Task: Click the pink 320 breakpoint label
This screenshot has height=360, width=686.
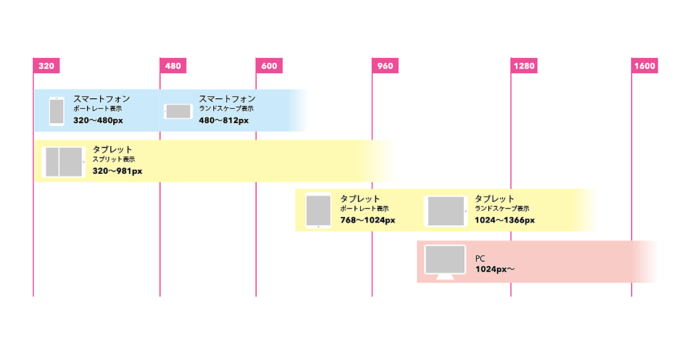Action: pyautogui.click(x=46, y=66)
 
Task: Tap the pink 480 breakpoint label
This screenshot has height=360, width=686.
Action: pyautogui.click(x=173, y=66)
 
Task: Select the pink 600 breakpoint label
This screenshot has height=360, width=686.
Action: pyautogui.click(x=269, y=66)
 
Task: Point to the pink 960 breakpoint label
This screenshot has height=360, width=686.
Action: pyautogui.click(x=385, y=66)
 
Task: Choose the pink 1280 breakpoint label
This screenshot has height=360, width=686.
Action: pyautogui.click(x=524, y=66)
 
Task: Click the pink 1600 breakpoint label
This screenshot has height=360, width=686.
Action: pyautogui.click(x=644, y=66)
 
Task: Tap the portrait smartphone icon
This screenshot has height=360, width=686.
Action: pyautogui.click(x=57, y=111)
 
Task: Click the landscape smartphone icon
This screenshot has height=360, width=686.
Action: pyautogui.click(x=179, y=111)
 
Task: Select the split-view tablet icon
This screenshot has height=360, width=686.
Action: pyautogui.click(x=63, y=162)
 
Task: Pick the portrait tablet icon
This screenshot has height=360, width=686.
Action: pyautogui.click(x=318, y=210)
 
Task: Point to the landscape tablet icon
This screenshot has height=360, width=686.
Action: pyautogui.click(x=446, y=211)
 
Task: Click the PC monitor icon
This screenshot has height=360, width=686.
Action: pyautogui.click(x=445, y=261)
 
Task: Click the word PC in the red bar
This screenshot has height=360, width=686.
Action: pyautogui.click(x=480, y=259)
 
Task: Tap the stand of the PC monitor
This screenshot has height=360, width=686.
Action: pyautogui.click(x=445, y=277)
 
